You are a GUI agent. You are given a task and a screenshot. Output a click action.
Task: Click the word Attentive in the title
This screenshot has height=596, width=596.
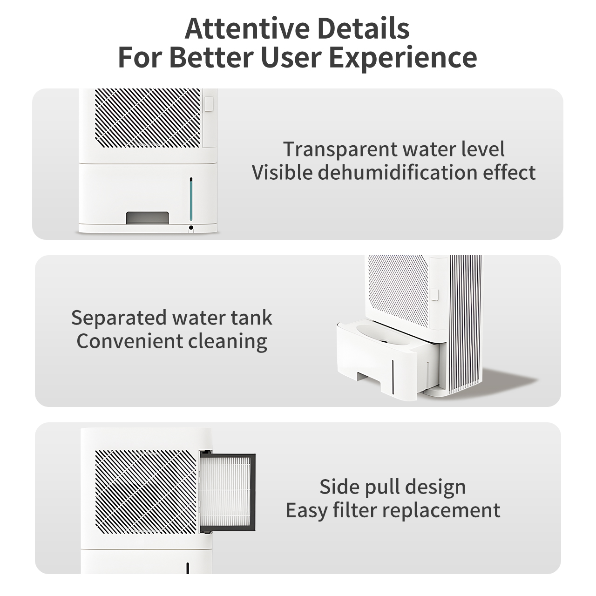pyautogui.click(x=247, y=28)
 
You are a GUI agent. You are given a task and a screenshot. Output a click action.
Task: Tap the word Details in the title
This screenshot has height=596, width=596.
pyautogui.click(x=363, y=28)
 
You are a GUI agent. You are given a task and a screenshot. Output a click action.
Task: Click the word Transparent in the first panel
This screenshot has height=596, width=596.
pyautogui.click(x=340, y=149)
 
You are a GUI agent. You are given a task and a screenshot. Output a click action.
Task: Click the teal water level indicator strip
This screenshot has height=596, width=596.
pyautogui.click(x=191, y=200)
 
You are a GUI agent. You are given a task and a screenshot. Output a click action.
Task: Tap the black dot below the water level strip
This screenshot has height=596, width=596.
pyautogui.click(x=191, y=228)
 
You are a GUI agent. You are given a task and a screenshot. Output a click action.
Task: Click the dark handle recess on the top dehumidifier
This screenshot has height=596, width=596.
pyautogui.click(x=147, y=218)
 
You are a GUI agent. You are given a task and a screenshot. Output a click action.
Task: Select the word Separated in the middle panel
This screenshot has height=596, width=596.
pyautogui.click(x=119, y=318)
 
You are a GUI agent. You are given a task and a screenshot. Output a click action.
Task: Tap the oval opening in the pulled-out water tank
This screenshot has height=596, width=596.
pyautogui.click(x=383, y=335)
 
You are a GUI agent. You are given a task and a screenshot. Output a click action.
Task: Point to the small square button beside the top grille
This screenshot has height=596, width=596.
pyautogui.click(x=209, y=104)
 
